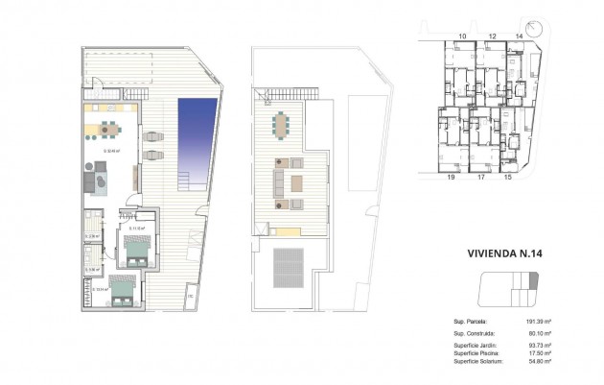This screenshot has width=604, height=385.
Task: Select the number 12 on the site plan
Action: pos(492,36)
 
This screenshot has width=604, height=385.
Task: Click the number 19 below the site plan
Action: pos(450,178)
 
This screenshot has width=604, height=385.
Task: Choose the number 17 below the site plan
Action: pos(480,178)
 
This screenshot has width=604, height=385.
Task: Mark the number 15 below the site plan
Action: pos(508,178)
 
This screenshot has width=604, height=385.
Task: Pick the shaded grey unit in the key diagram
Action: pos(534,279)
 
